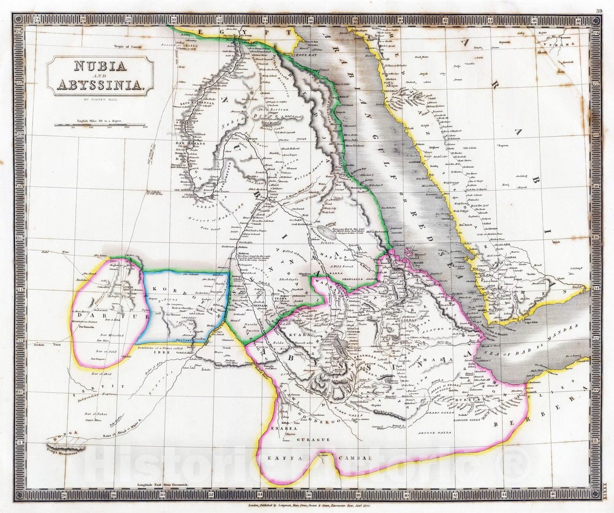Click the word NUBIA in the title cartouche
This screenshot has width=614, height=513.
100,67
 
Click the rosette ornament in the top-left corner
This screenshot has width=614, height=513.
19,19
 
